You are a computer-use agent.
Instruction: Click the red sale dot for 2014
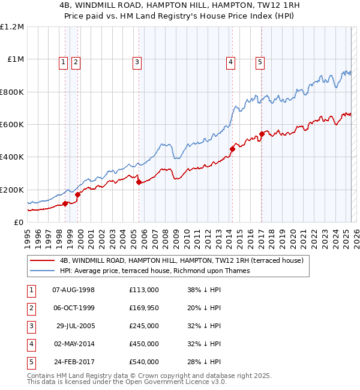pyautogui.click(x=232, y=149)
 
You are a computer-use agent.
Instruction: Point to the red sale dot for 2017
pyautogui.click(x=262, y=134)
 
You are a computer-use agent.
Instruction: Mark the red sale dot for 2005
pyautogui.click(x=139, y=182)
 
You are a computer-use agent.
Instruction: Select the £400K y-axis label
pyautogui.click(x=13, y=157)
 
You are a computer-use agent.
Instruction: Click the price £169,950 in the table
pyautogui.click(x=144, y=308)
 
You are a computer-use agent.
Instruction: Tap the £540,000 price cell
pyautogui.click(x=144, y=362)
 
